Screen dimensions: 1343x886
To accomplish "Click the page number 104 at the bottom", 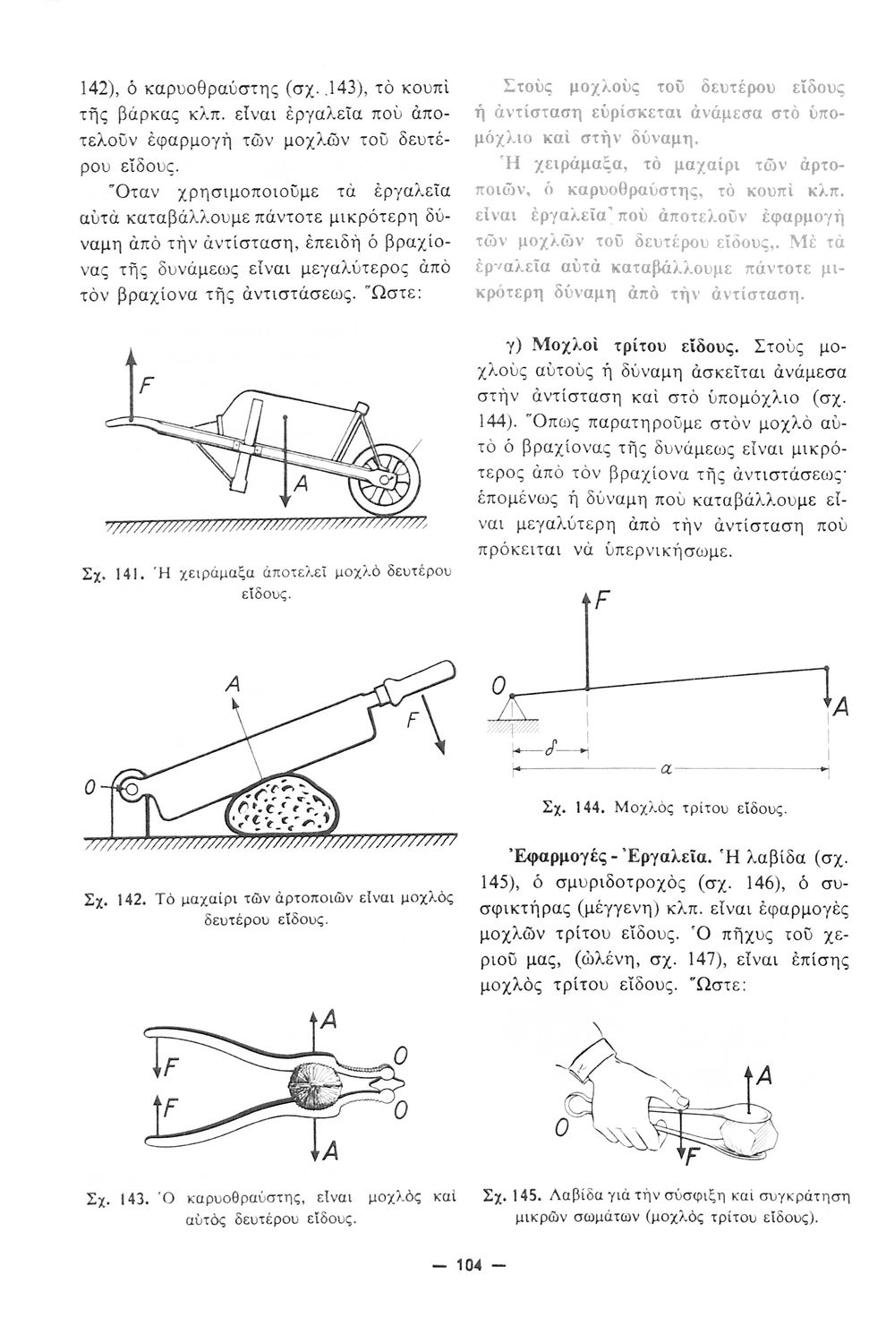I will point(469,1265).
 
